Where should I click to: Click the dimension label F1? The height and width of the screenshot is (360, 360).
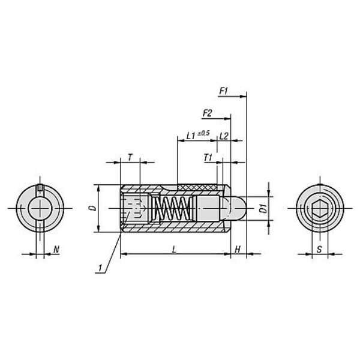click(x=223, y=91)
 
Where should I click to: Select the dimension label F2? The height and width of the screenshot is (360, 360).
click(x=207, y=113)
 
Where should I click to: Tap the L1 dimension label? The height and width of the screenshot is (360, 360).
click(x=191, y=136)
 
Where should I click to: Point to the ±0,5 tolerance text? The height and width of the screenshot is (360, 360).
click(x=203, y=133)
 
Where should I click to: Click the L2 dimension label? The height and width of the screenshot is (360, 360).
click(x=224, y=136)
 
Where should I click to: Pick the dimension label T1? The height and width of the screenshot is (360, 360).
click(x=208, y=158)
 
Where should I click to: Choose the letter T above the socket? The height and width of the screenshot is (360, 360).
click(x=130, y=158)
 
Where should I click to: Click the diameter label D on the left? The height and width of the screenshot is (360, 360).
click(x=93, y=208)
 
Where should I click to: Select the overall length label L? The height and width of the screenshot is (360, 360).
click(x=174, y=249)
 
